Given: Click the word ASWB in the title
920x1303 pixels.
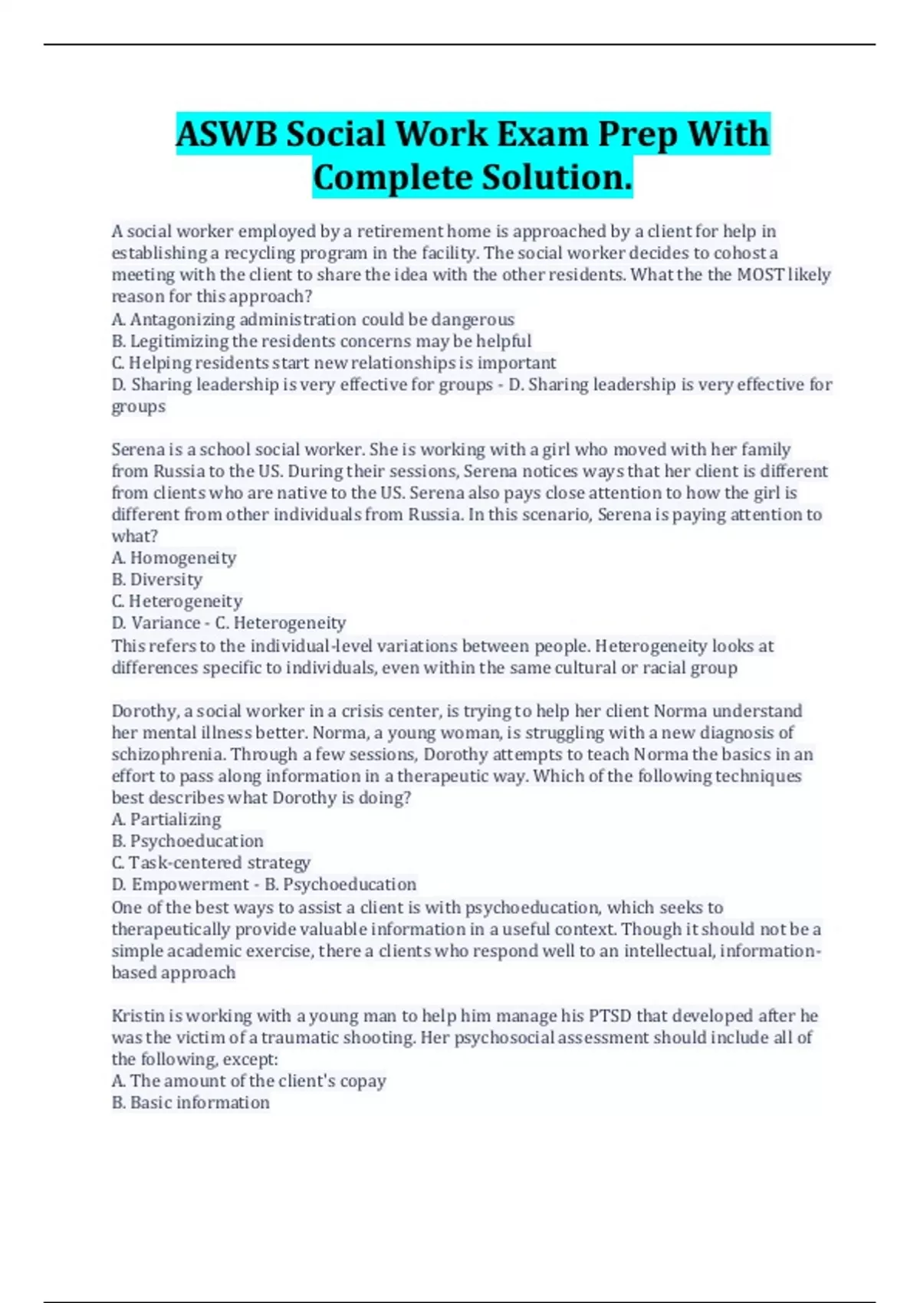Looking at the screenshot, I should pyautogui.click(x=227, y=135).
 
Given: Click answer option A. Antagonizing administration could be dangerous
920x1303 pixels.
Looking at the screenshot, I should pyautogui.click(x=313, y=319).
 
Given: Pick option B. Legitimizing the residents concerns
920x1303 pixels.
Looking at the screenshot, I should pyautogui.click(x=321, y=341).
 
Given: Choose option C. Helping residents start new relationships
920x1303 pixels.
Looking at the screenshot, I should pyautogui.click(x=333, y=363).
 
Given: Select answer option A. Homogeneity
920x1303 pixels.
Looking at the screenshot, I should pyautogui.click(x=174, y=558).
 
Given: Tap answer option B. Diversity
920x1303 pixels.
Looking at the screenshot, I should pyautogui.click(x=157, y=579).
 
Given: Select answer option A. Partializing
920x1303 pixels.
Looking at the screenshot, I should pyautogui.click(x=166, y=819).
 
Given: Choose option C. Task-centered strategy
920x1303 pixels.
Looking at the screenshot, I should pyautogui.click(x=211, y=863).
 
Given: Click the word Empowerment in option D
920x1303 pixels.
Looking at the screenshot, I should pyautogui.click(x=189, y=885).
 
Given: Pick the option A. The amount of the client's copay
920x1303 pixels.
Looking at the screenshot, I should pyautogui.click(x=248, y=1081).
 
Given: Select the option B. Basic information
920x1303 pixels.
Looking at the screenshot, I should pyautogui.click(x=191, y=1103).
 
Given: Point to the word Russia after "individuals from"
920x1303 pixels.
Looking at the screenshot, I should pyautogui.click(x=435, y=514).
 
